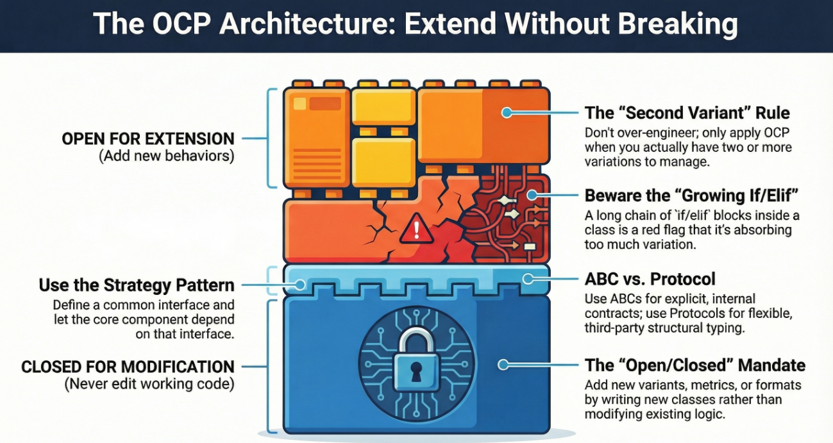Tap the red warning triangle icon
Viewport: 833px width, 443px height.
click(x=417, y=229)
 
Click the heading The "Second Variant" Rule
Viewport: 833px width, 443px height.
click(x=687, y=113)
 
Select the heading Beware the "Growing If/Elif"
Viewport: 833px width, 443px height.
click(x=692, y=196)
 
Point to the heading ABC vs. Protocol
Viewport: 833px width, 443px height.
click(x=650, y=279)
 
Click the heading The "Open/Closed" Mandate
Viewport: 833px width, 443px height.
click(x=695, y=365)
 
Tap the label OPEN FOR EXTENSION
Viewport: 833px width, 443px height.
click(x=148, y=138)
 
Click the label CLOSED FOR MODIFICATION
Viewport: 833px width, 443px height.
click(x=128, y=367)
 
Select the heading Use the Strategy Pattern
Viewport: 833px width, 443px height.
click(x=137, y=285)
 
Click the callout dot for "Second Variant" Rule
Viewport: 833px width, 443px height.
click(x=507, y=113)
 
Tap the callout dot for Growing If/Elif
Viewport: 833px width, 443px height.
click(x=532, y=195)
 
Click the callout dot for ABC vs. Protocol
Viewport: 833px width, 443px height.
click(x=528, y=279)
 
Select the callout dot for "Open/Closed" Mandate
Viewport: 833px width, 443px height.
click(x=503, y=365)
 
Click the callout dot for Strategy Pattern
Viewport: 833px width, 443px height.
click(x=300, y=285)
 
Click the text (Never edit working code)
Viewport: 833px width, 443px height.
click(x=149, y=384)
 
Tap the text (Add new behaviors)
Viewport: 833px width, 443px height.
click(x=167, y=156)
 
